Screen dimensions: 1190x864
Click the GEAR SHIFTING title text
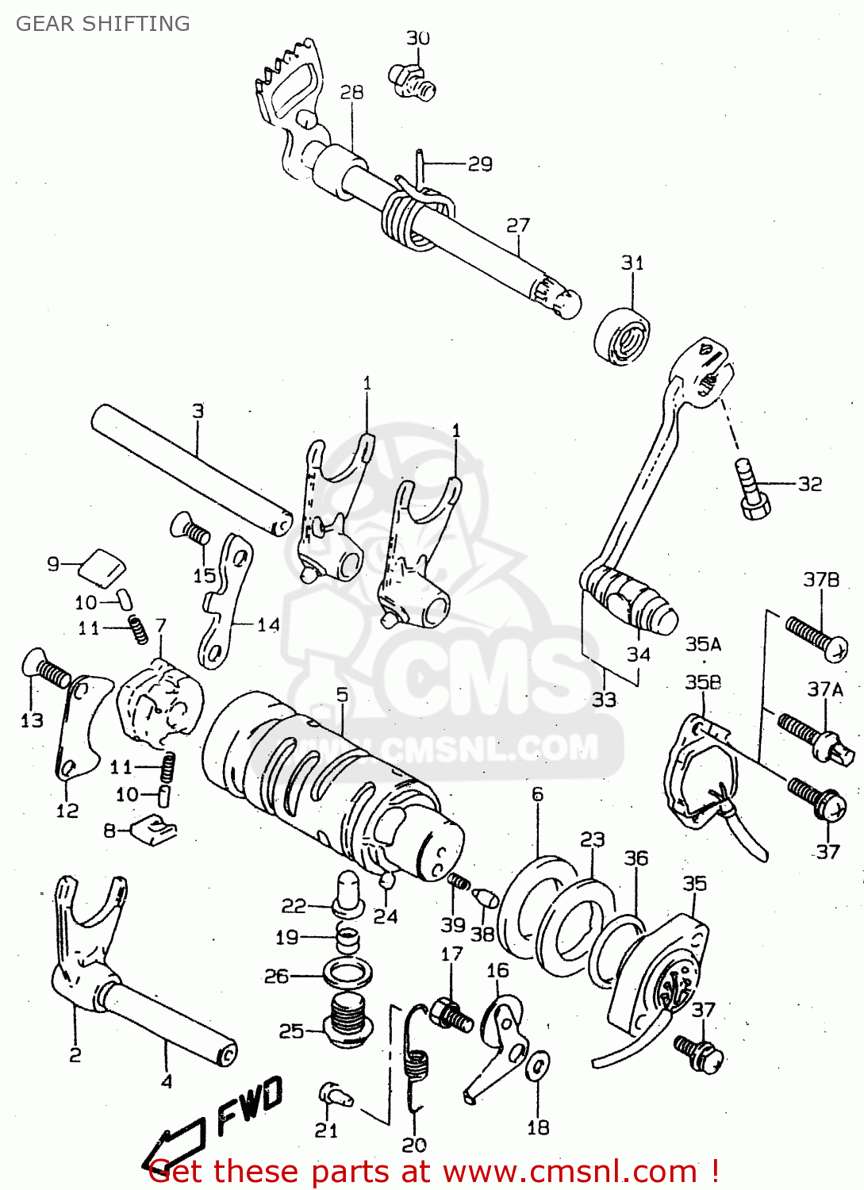tap(103, 24)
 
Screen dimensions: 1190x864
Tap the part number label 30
tap(418, 38)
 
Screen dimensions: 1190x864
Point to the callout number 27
tap(518, 225)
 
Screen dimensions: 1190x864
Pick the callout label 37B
tap(821, 580)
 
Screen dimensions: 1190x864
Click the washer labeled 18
tap(537, 1066)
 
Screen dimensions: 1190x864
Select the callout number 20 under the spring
tap(414, 1145)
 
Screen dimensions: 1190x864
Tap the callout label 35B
tap(703, 682)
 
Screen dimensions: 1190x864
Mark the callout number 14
tap(268, 625)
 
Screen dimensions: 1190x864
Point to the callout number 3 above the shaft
tap(198, 411)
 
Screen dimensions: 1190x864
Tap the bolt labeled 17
tap(451, 1015)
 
